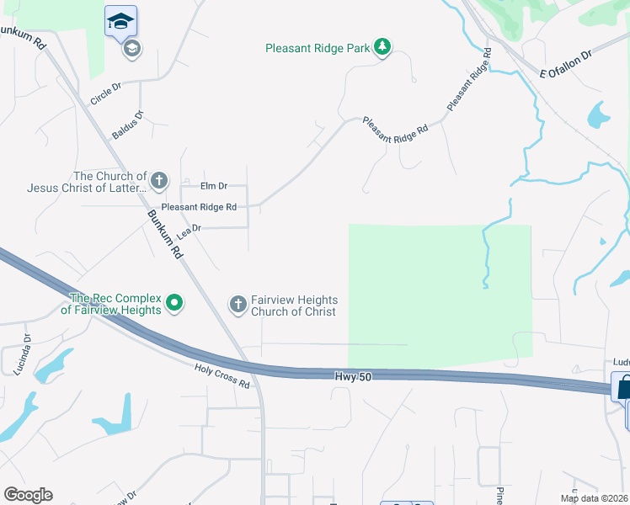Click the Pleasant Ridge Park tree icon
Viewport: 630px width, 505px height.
(383, 47)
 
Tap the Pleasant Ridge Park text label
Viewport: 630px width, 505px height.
(318, 49)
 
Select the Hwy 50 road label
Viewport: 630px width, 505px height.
(352, 380)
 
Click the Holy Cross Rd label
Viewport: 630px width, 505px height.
(222, 375)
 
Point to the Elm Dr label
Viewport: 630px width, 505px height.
(214, 186)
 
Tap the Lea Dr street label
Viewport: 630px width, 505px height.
(189, 229)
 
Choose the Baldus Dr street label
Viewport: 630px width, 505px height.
(128, 125)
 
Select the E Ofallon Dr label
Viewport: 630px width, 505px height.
(566, 64)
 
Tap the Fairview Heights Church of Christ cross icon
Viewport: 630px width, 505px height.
(238, 304)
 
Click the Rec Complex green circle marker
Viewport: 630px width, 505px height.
(174, 302)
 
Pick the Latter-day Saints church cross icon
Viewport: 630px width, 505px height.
(158, 180)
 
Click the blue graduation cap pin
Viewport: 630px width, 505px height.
(120, 21)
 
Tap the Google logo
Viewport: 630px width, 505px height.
(28, 495)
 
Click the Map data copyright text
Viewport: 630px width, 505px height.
(594, 498)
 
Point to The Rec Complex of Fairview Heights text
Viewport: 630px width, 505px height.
(115, 304)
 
